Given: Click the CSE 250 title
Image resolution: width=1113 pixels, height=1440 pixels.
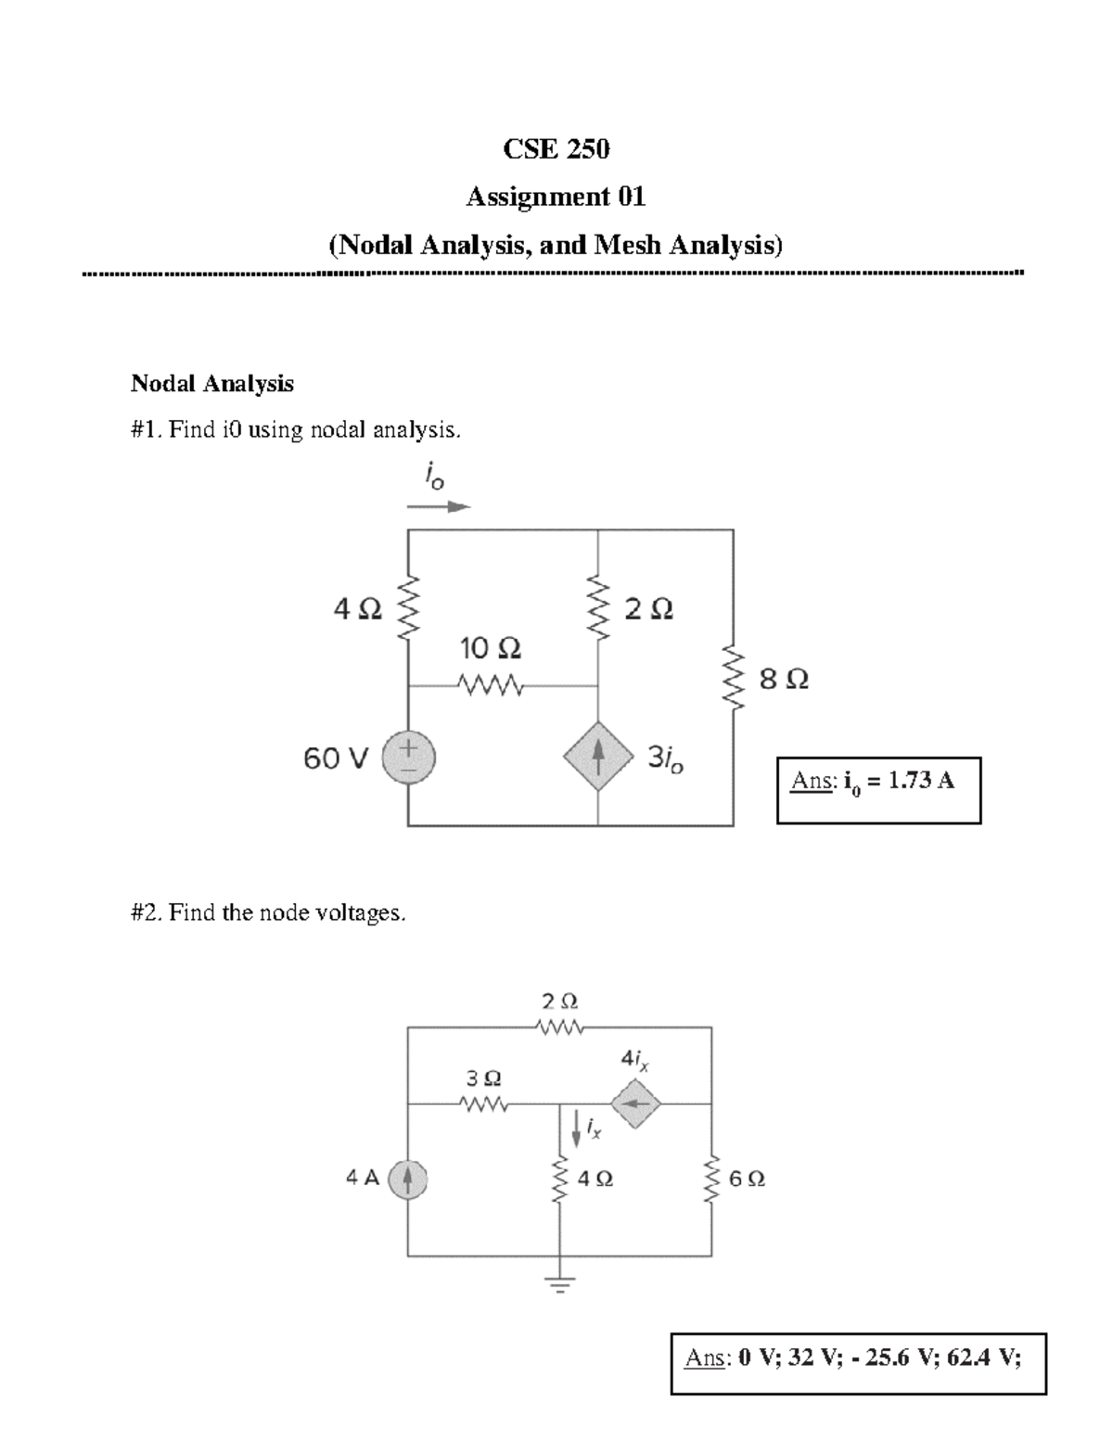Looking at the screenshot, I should click(x=556, y=148).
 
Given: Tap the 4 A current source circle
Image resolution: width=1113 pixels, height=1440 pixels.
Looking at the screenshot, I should click(x=408, y=1179).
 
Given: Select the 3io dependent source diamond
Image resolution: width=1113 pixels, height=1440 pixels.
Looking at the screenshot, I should click(x=598, y=757).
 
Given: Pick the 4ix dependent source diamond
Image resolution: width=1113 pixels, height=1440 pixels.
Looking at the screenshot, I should click(x=635, y=1103).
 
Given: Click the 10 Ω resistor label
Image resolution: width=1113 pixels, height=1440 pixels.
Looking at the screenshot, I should click(x=491, y=646).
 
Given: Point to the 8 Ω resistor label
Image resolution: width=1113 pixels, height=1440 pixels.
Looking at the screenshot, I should click(x=784, y=680).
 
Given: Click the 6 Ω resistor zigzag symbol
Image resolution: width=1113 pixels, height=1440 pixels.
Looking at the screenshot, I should click(x=712, y=1179).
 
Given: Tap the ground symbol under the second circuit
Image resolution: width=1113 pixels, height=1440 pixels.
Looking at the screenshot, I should click(x=559, y=1285).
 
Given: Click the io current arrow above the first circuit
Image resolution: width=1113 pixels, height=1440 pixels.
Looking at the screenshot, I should click(x=440, y=507).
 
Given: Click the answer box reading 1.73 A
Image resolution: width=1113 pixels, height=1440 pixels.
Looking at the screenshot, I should click(x=878, y=790).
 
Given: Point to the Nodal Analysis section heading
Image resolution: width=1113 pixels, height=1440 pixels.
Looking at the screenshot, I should click(x=212, y=383).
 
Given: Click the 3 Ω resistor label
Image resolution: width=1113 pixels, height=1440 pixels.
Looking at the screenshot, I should click(x=483, y=1078).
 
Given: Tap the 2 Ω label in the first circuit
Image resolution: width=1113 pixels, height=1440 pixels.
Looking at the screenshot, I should click(x=649, y=609).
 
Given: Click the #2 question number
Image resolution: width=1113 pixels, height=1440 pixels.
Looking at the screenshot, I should click(x=147, y=912).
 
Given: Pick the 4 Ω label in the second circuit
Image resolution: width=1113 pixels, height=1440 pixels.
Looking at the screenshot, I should click(x=595, y=1179).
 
